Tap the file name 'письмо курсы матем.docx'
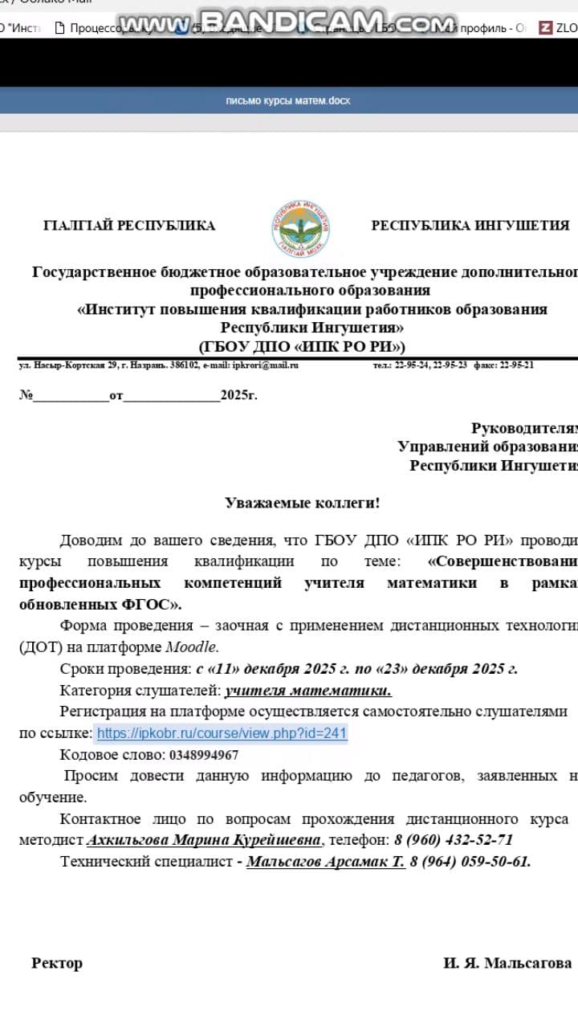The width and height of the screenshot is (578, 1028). coord(288,101)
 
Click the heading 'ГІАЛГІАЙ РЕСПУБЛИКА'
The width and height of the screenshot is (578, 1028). coord(129,226)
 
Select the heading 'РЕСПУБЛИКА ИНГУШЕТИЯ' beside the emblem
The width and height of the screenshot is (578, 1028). coord(470,226)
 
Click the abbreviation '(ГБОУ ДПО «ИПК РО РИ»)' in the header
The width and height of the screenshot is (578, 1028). coord(302,347)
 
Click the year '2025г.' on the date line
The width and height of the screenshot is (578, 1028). coord(239,395)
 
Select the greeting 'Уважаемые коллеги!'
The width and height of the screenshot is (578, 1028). coord(302,504)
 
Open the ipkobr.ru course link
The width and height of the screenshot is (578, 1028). coord(222,733)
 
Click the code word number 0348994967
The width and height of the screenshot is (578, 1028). coord(204,755)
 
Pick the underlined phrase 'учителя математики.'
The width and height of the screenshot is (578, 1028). coord(308,691)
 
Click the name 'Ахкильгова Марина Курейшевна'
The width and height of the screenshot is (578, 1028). coord(204,840)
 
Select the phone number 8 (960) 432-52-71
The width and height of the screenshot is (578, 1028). coord(453,840)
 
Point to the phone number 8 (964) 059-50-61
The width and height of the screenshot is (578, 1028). coord(470,862)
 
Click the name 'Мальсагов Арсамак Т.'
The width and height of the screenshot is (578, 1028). coord(325,862)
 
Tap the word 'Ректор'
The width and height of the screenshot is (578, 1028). coord(57,963)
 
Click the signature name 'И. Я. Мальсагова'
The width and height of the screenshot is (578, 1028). coord(507,963)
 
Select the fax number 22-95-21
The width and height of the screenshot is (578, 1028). coord(515,365)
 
